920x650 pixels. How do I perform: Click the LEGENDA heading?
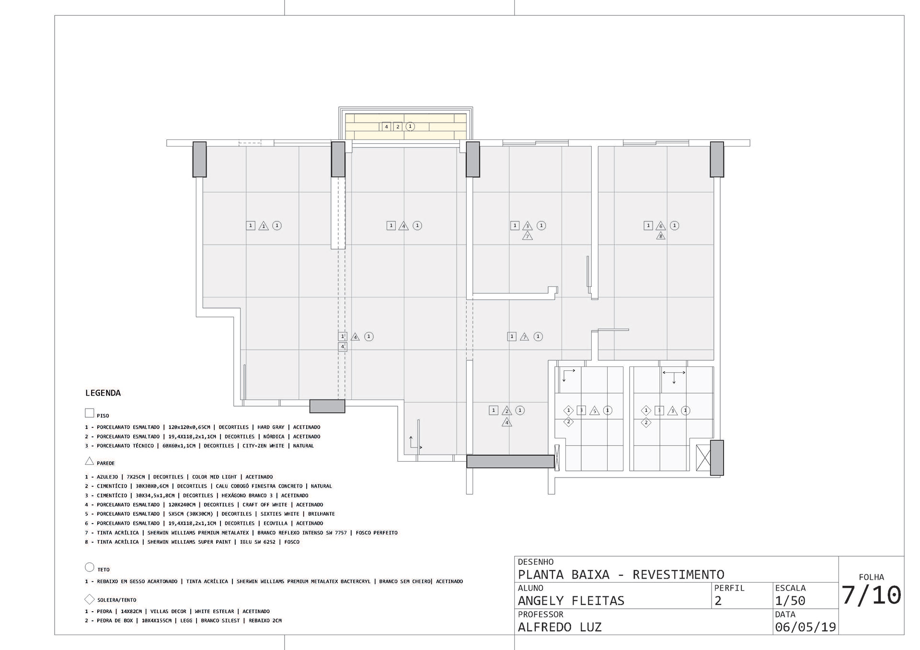(x=103, y=393)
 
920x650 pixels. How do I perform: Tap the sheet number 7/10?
(x=872, y=596)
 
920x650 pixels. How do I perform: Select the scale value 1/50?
(x=790, y=601)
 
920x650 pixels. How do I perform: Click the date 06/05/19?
(x=805, y=627)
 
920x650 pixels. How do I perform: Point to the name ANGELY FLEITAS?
(x=571, y=601)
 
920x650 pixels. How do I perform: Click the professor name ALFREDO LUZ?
(x=560, y=627)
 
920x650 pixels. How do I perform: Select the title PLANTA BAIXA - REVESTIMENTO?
(x=621, y=574)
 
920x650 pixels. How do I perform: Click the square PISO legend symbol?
(x=90, y=413)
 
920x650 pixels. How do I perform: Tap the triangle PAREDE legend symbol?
(x=90, y=461)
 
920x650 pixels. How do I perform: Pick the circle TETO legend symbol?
(x=90, y=567)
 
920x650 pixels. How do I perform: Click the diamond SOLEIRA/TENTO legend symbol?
(x=90, y=599)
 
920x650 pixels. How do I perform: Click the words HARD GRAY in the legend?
(x=271, y=427)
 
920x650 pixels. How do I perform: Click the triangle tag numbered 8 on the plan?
(x=661, y=236)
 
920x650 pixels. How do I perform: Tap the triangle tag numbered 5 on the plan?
(x=595, y=411)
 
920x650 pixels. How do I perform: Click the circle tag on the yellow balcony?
(x=410, y=126)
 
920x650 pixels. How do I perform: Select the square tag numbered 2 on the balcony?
(x=398, y=127)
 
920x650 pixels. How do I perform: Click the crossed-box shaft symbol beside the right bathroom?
(x=703, y=458)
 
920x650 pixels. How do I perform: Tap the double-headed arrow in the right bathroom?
(x=674, y=372)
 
